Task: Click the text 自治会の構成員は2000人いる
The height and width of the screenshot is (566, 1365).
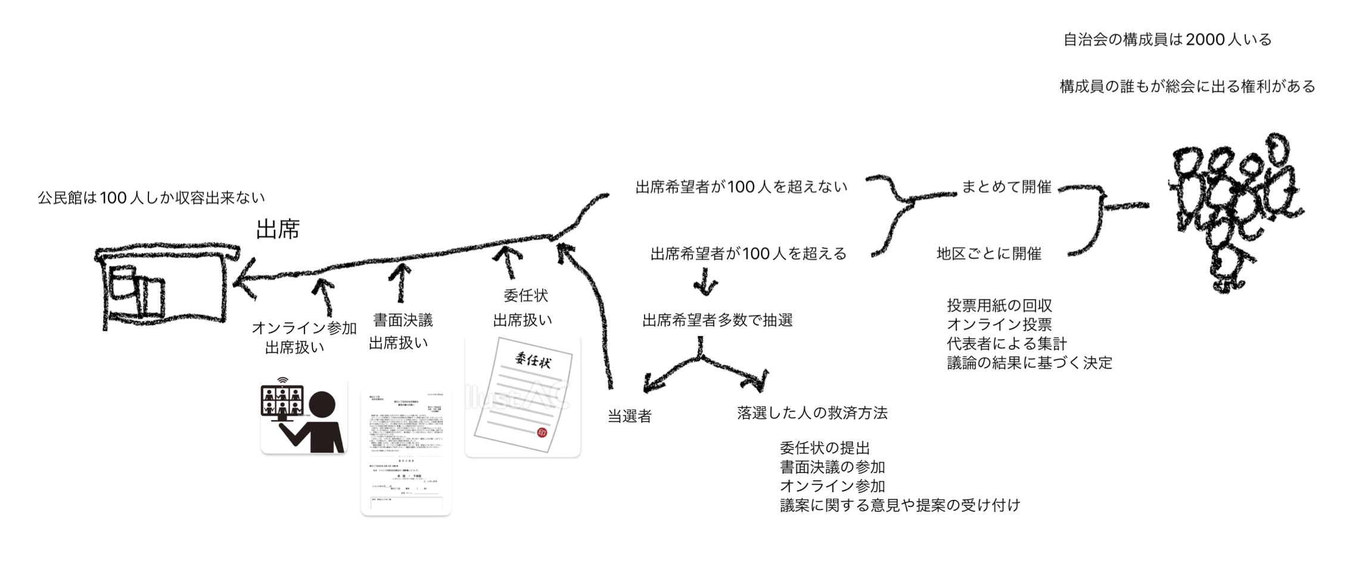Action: pyautogui.click(x=1167, y=40)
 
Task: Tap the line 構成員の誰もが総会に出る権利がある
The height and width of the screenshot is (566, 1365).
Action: pyautogui.click(x=1187, y=87)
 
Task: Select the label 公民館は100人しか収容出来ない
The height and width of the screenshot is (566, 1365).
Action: pyautogui.click(x=151, y=198)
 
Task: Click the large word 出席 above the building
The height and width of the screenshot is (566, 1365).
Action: pyautogui.click(x=278, y=229)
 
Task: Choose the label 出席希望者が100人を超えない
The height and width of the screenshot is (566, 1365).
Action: pyautogui.click(x=741, y=187)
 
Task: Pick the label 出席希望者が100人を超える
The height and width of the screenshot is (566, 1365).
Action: pyautogui.click(x=748, y=254)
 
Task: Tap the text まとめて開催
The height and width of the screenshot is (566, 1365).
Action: pyautogui.click(x=1006, y=187)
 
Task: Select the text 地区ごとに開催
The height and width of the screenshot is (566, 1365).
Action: pyautogui.click(x=988, y=254)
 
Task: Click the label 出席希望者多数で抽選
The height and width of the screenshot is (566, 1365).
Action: pyautogui.click(x=717, y=321)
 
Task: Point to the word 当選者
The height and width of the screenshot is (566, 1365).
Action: pyautogui.click(x=629, y=416)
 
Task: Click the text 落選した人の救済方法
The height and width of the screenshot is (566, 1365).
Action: pyautogui.click(x=812, y=413)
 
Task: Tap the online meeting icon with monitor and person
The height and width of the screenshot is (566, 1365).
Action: pyautogui.click(x=304, y=415)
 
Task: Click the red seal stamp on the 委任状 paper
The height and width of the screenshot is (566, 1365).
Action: pyautogui.click(x=542, y=433)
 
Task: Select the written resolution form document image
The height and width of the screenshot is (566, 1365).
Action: pyautogui.click(x=406, y=453)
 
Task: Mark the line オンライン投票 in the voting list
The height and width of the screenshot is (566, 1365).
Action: pyautogui.click(x=999, y=325)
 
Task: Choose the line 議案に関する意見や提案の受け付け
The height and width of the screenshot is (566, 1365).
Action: pyautogui.click(x=900, y=505)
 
